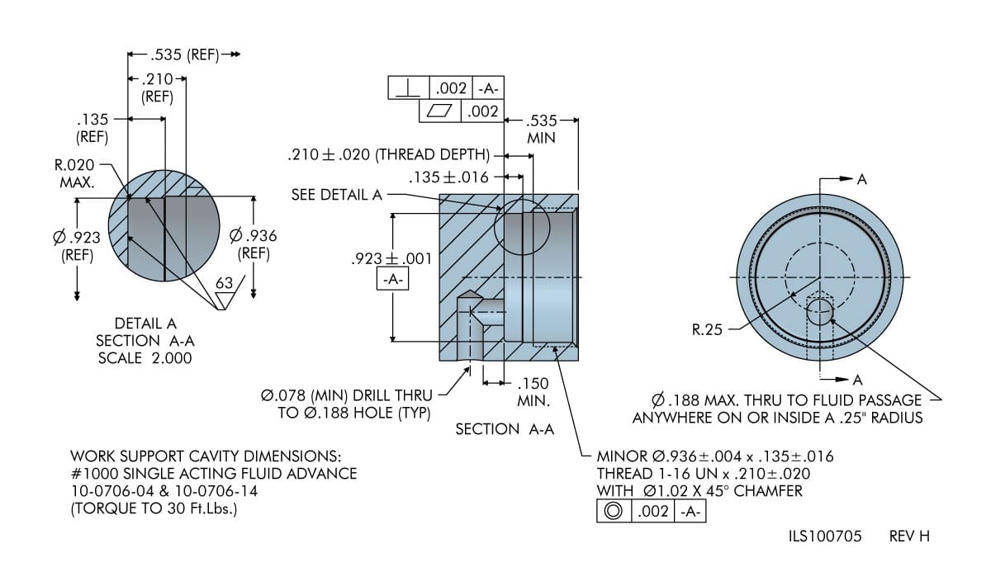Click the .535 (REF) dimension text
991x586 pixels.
(x=184, y=54)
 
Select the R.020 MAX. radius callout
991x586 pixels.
(x=74, y=173)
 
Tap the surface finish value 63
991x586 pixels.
(x=225, y=283)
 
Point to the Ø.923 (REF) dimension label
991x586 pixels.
(x=77, y=246)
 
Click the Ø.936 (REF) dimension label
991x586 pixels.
(x=253, y=244)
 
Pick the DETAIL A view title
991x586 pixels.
(x=145, y=324)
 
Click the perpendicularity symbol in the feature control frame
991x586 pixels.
(x=408, y=88)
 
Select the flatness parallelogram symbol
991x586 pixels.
(x=439, y=111)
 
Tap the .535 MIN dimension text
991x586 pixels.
(x=541, y=129)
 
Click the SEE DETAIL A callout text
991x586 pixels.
(x=337, y=195)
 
